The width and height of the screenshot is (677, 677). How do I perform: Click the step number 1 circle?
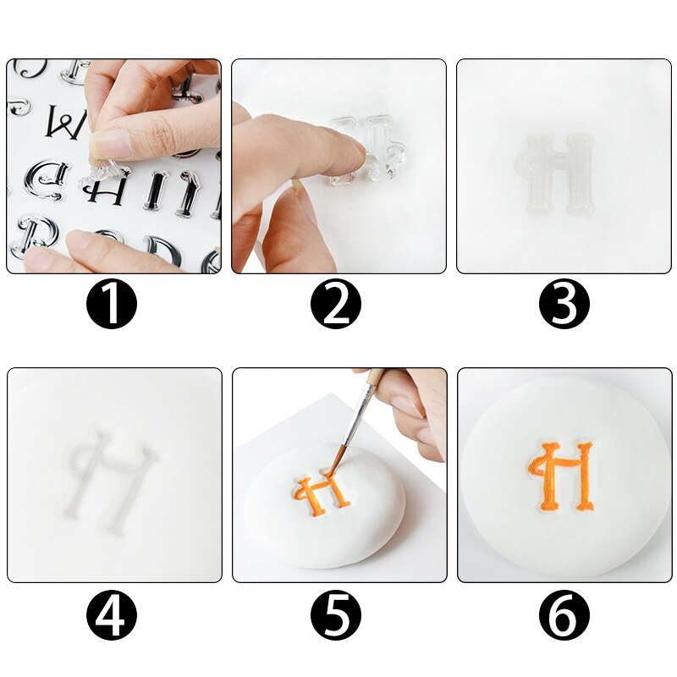point(112,305)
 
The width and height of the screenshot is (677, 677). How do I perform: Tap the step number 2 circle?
point(337,305)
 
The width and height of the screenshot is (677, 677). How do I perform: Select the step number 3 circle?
point(564,305)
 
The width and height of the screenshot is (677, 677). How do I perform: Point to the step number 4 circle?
point(112,614)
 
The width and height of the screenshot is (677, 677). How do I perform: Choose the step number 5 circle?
point(337,614)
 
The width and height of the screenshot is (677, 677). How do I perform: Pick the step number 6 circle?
point(564,614)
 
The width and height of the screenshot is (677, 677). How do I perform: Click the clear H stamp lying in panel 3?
point(555,173)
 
